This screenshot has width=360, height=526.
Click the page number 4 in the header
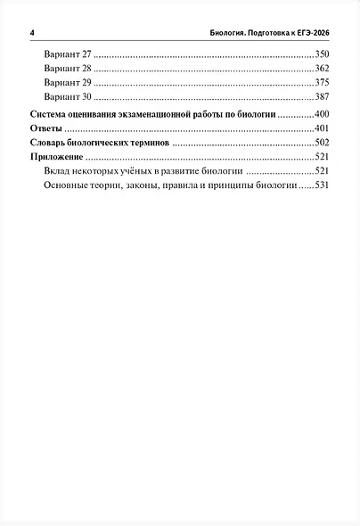click(x=31, y=34)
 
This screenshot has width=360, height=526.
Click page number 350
click(x=322, y=55)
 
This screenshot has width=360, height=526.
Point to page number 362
click(x=322, y=69)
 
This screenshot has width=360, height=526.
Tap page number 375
click(x=322, y=82)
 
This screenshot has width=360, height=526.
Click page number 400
click(x=322, y=115)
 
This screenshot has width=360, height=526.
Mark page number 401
click(x=322, y=129)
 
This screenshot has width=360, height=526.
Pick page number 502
click(x=322, y=143)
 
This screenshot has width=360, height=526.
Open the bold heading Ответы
click(x=46, y=129)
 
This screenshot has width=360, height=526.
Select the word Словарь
click(x=51, y=143)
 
